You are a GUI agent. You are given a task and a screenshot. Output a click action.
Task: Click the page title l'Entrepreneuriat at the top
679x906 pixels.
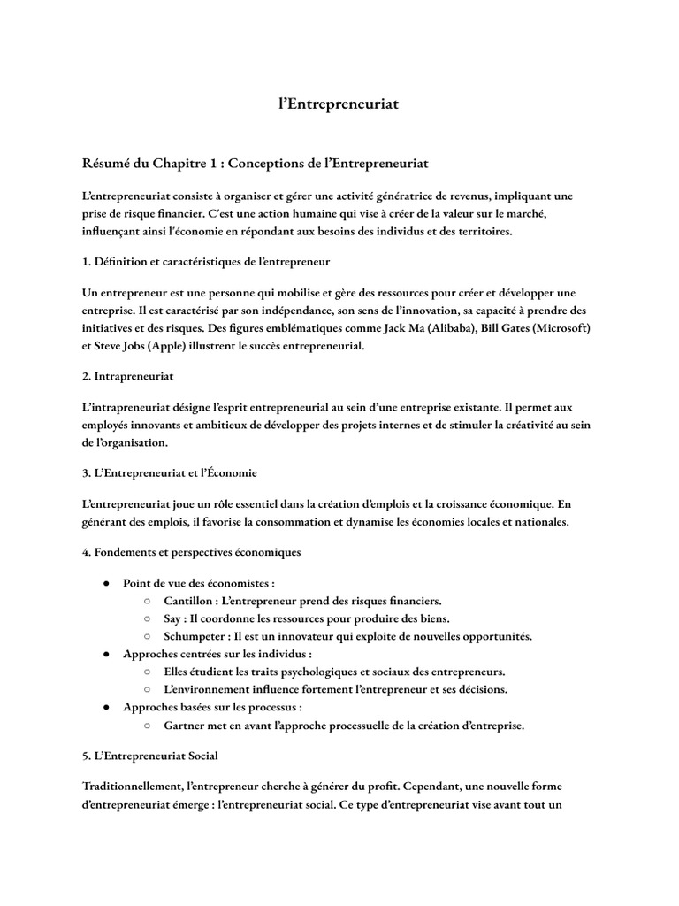(339, 104)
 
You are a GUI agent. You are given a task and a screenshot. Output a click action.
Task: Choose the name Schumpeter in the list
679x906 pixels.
(194, 636)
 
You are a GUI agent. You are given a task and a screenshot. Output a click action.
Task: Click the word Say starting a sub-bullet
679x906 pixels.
(174, 618)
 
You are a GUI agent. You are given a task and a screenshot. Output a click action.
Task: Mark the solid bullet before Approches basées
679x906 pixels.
(106, 708)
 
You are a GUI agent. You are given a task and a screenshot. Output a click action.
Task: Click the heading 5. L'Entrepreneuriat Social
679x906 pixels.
(149, 756)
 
